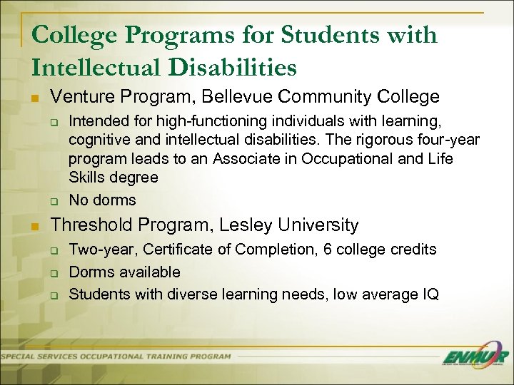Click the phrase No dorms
tap(102, 200)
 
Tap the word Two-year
tap(96, 250)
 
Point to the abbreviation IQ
tap(431, 294)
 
